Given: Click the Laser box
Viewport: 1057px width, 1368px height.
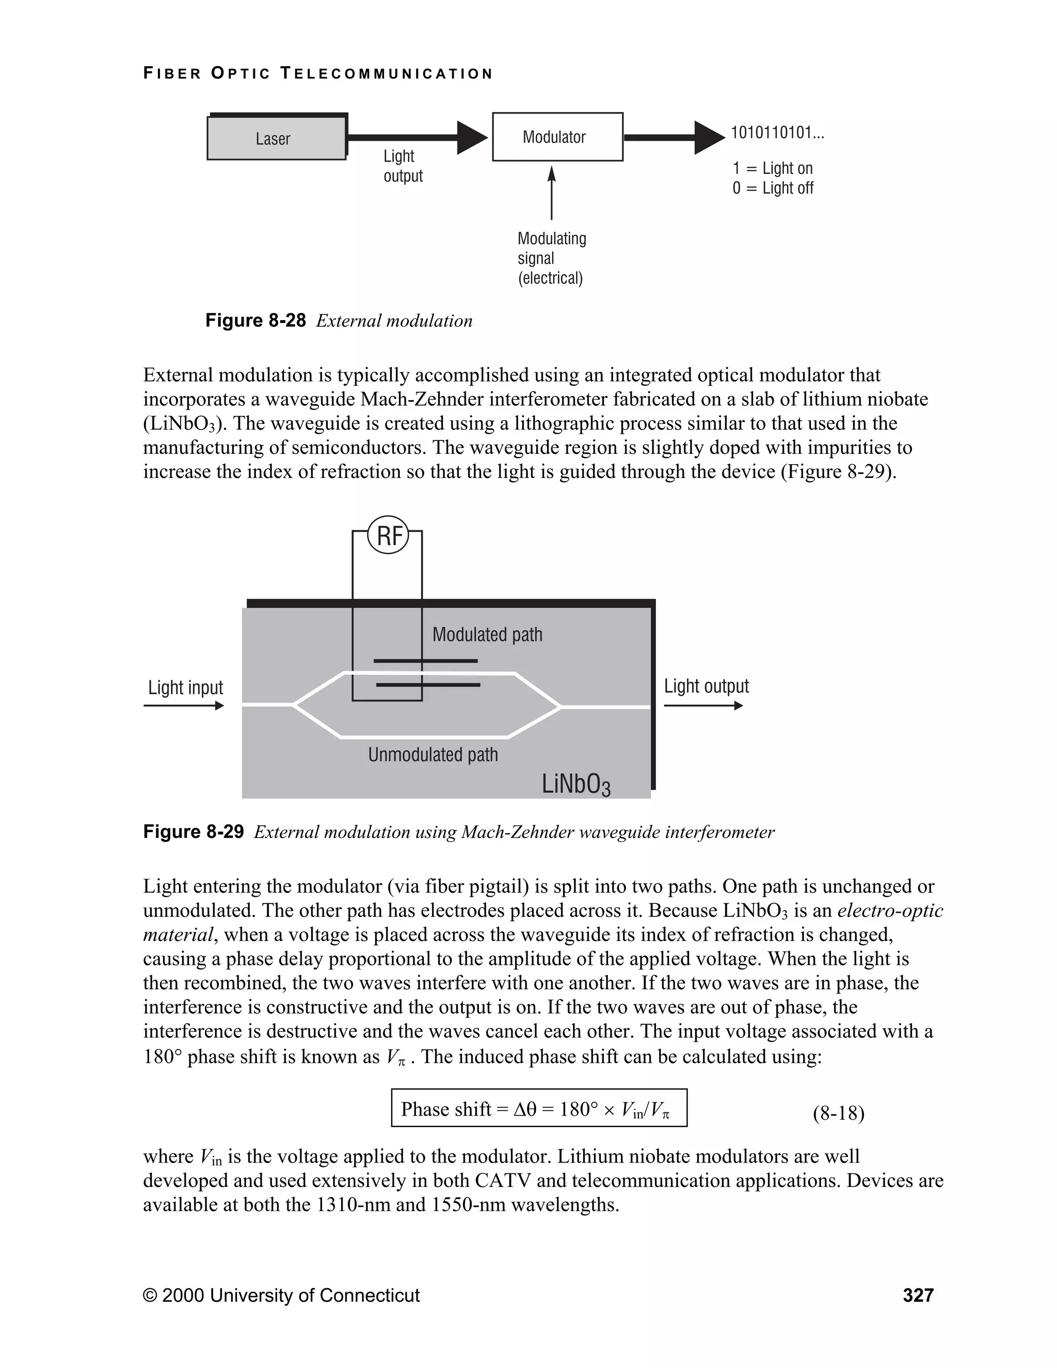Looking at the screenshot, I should [276, 138].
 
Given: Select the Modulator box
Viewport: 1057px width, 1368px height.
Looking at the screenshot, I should [557, 137].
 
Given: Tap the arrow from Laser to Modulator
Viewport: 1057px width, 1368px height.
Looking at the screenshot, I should [417, 137].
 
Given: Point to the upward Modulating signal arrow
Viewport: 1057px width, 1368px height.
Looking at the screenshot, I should [552, 193].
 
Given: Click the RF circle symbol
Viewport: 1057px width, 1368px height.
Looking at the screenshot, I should [388, 536].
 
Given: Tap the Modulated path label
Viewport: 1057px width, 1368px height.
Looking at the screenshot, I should [487, 634].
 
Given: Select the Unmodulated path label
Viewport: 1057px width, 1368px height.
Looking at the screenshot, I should [433, 755].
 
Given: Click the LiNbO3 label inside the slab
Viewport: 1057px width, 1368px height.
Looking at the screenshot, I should [575, 785].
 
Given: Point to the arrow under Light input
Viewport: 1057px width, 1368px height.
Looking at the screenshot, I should [183, 706].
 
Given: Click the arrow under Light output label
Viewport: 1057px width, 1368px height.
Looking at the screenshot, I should [702, 706].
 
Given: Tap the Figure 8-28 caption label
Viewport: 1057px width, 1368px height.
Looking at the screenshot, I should [255, 321].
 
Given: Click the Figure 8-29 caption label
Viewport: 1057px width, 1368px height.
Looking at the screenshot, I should [194, 832].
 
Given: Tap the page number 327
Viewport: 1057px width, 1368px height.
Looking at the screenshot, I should [918, 1295].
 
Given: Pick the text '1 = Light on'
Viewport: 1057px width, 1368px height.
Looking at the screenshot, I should [772, 168].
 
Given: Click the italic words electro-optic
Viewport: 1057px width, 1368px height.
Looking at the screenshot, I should [890, 911].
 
